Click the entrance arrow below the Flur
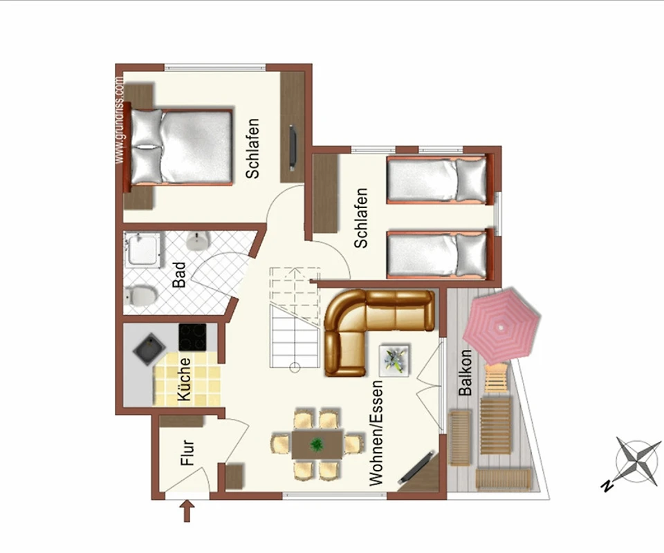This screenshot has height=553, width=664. (187, 511)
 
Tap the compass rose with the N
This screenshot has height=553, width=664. (637, 461)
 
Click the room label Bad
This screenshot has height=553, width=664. (180, 274)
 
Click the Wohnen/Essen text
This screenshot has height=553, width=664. (376, 433)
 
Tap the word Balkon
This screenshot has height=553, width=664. (465, 372)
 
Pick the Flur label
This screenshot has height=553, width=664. (187, 453)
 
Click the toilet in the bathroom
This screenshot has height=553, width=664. (140, 295)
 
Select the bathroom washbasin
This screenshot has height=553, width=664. (198, 241)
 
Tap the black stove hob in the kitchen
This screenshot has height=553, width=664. (192, 337)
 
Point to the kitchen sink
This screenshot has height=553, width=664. (149, 349)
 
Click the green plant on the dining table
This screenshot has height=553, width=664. (316, 444)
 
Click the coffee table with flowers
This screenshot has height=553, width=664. (394, 360)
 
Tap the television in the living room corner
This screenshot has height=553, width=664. (416, 468)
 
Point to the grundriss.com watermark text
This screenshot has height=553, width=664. (119, 120)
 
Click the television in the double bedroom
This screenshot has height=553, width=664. (292, 148)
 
